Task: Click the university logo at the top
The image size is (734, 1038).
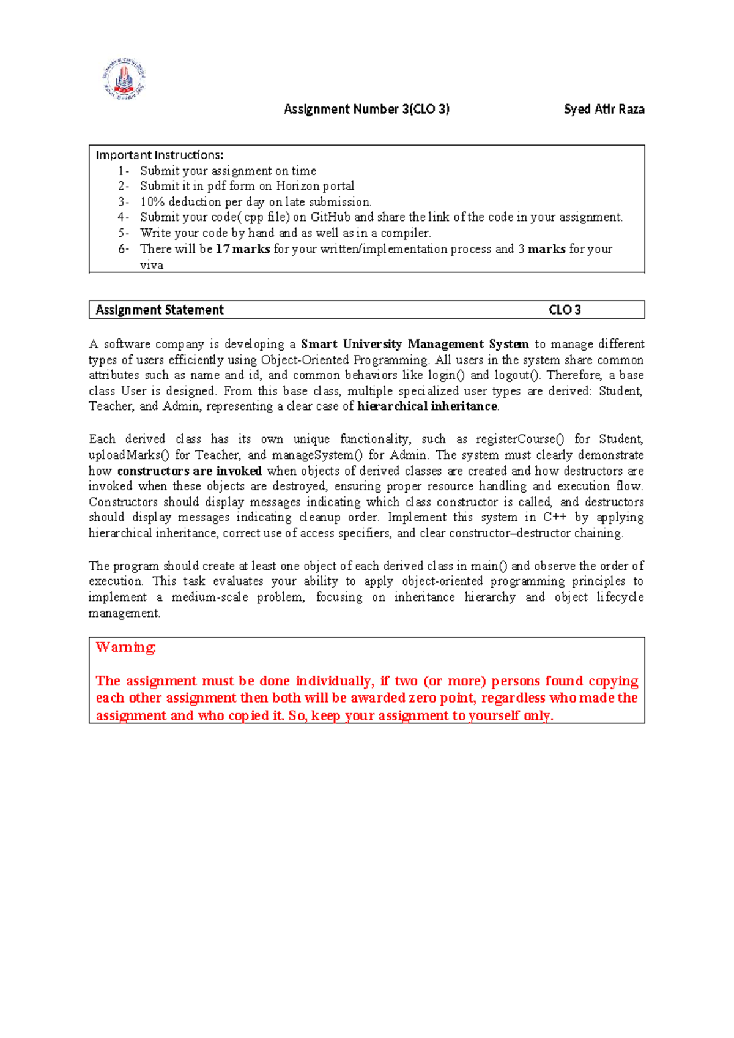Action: coord(124,78)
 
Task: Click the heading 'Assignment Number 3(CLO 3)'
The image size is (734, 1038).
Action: coord(366,110)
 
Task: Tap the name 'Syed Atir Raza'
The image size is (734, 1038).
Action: coord(604,110)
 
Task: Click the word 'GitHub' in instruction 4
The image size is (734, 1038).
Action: coord(330,217)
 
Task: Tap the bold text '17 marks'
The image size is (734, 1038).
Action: coord(243,249)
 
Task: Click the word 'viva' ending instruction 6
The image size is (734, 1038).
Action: coord(151,265)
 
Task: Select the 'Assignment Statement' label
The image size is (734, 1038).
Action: coord(160,310)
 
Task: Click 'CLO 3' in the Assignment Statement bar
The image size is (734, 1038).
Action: coord(565,310)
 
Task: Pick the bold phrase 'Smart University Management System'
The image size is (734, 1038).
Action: coord(415,344)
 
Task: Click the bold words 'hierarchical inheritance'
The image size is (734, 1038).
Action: coord(427,406)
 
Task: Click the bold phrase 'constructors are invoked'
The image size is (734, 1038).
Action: coord(189,471)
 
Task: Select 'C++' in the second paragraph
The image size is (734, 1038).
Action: coord(555,517)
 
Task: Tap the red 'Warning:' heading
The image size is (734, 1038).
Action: coord(126,648)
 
